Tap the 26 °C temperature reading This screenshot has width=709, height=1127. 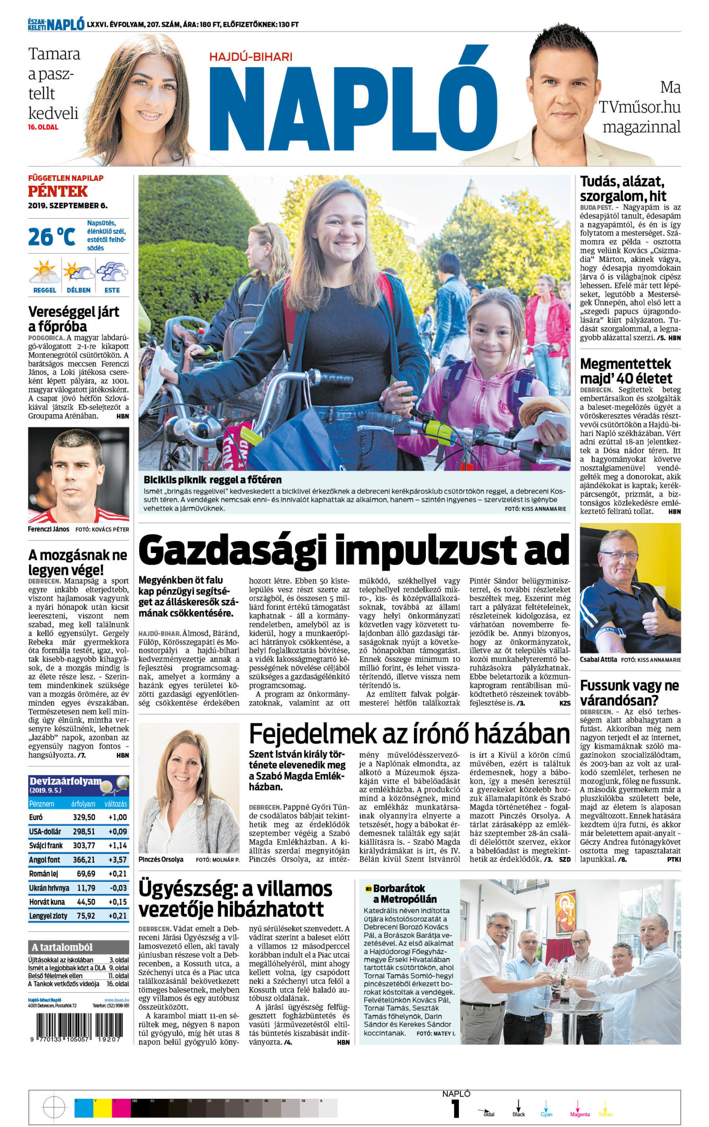pyautogui.click(x=51, y=237)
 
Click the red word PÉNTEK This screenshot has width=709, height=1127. pyautogui.click(x=58, y=192)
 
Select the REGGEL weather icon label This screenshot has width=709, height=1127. pyautogui.click(x=44, y=290)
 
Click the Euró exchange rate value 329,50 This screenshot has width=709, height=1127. pyautogui.click(x=84, y=817)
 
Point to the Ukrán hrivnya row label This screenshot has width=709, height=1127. pyautogui.click(x=49, y=888)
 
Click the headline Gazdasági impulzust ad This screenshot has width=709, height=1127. pyautogui.click(x=354, y=551)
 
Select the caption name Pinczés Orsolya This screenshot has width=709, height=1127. pyautogui.click(x=161, y=860)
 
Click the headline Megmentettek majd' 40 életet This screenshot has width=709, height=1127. pyautogui.click(x=626, y=371)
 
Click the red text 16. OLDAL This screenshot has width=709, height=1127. pyautogui.click(x=44, y=127)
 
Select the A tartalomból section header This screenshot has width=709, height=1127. pyautogui.click(x=62, y=947)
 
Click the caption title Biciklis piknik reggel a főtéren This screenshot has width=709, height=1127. pyautogui.click(x=213, y=480)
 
